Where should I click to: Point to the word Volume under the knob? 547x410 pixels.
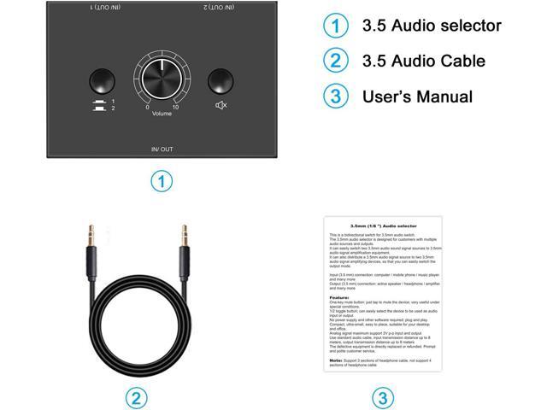point(162,113)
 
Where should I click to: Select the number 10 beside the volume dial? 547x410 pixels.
point(175,106)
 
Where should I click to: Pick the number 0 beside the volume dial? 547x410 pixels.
point(147,106)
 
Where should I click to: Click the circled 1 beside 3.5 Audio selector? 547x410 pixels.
point(336,25)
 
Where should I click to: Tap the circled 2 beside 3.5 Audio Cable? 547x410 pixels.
point(336,60)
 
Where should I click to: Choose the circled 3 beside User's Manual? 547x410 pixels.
point(336,96)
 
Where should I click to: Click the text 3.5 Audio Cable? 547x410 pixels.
point(425,61)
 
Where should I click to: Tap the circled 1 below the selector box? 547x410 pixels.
point(162,181)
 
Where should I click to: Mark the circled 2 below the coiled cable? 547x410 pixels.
point(137,397)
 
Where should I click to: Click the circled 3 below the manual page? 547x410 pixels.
point(384,397)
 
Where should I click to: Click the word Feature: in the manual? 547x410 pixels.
point(338,296)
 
